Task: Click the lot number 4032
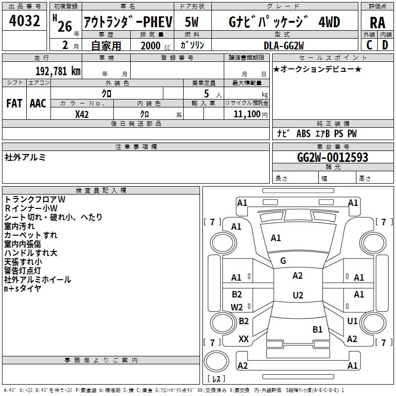click(25, 22)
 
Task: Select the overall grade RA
click(377, 23)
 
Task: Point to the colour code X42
click(82, 114)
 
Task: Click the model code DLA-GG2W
click(284, 46)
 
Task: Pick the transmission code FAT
click(14, 103)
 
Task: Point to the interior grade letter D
click(385, 45)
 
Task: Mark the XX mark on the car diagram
click(244, 339)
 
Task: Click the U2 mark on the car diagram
click(297, 296)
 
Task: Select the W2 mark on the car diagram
click(237, 307)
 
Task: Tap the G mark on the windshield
click(283, 261)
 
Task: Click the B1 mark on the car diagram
click(317, 329)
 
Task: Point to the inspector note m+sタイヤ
click(23, 289)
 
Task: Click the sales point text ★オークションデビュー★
click(317, 69)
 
